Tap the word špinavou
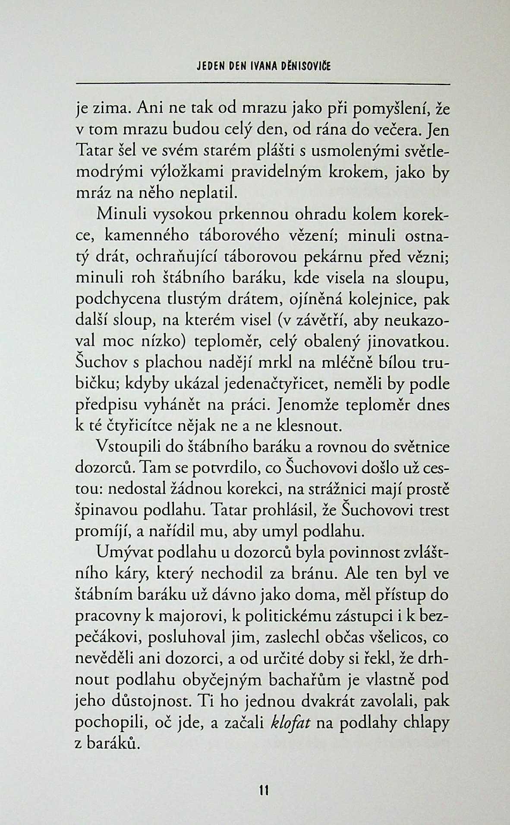[107, 511]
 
